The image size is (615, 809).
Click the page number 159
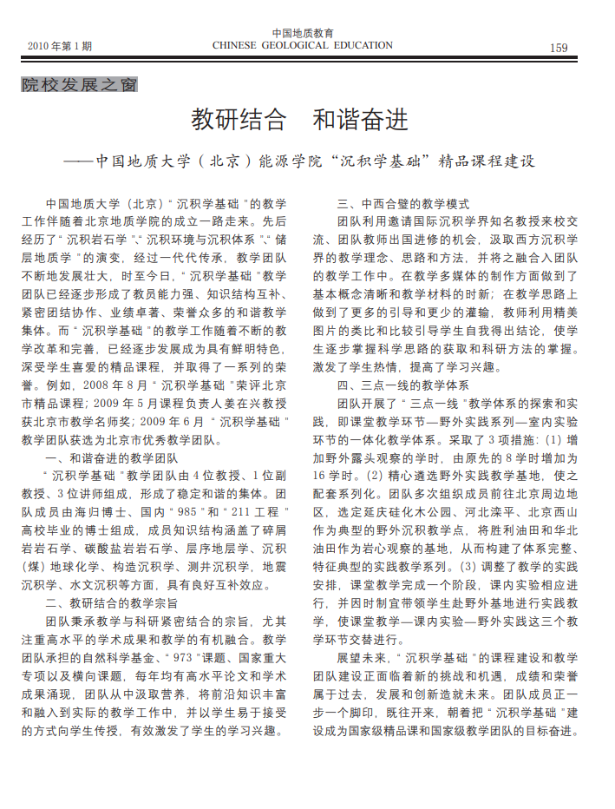559,47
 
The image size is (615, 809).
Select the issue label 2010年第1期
60,46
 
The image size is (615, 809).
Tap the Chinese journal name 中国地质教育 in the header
304,33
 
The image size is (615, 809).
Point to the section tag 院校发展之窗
79,85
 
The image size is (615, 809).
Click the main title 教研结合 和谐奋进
299,120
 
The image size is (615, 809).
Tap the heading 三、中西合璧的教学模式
402,205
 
